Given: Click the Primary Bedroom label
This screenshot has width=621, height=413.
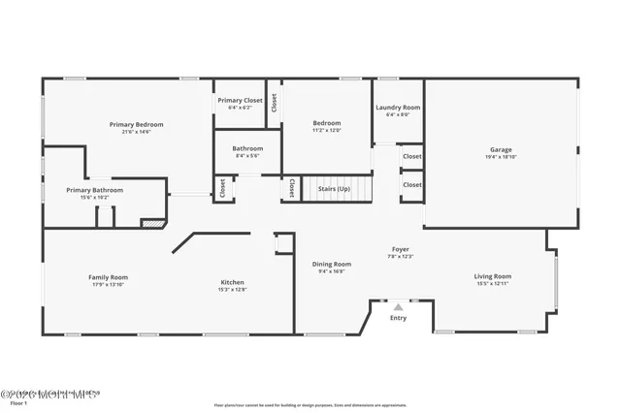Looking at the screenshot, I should [136, 124].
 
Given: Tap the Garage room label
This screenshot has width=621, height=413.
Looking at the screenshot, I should [501, 149].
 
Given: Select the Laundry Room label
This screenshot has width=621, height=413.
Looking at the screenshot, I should [397, 108].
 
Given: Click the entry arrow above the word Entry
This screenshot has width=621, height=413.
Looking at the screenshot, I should [398, 306].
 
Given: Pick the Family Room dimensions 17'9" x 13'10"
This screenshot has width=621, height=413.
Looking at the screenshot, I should [108, 284].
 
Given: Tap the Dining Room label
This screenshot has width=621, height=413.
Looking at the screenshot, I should [331, 264].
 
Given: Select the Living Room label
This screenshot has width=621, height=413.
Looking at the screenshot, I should [493, 276].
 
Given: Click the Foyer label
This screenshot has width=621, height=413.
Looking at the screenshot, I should [401, 249].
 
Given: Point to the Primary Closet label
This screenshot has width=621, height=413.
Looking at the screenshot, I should [240, 100].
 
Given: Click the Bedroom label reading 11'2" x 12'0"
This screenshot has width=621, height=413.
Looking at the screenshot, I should [327, 123].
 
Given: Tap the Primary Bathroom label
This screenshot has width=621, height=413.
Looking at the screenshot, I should [95, 190].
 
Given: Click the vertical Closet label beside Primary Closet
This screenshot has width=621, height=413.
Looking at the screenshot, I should [275, 102].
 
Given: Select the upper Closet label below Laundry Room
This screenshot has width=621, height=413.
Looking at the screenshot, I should [412, 156].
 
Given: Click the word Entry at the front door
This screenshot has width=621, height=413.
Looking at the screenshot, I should [398, 318].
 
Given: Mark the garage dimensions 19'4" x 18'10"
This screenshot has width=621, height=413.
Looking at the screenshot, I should [501, 156].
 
